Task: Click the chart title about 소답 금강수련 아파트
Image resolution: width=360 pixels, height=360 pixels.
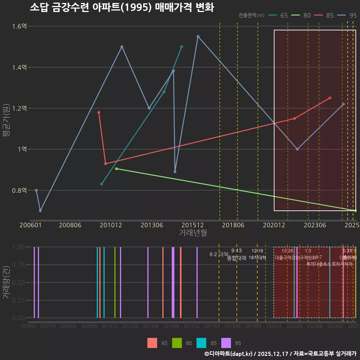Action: [122, 7]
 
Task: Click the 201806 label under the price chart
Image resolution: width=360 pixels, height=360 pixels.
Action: [233, 225]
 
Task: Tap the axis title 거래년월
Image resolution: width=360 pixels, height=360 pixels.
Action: [193, 232]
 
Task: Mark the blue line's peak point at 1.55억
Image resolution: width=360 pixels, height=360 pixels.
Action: [198, 36]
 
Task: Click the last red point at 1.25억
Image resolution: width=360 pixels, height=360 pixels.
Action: [330, 98]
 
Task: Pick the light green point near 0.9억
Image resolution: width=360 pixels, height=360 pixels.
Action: [117, 169]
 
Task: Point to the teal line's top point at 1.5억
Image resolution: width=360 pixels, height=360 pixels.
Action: [182, 47]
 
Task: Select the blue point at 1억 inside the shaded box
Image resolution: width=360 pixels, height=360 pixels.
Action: [297, 149]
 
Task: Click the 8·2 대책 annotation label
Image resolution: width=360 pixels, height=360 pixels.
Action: [219, 254]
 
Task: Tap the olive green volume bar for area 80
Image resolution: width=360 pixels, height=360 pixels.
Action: [115, 282]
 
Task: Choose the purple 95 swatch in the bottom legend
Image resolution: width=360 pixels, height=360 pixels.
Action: [226, 343]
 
